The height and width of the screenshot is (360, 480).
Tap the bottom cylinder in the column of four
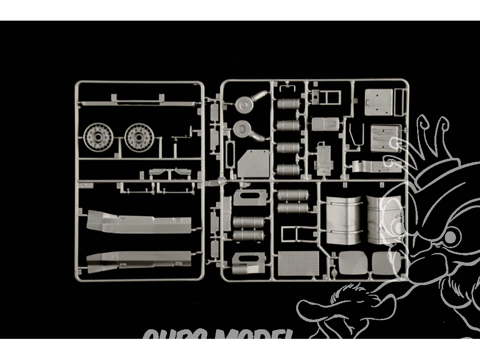coord(288,169)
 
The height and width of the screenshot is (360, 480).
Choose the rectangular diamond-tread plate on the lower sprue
coord(298,263)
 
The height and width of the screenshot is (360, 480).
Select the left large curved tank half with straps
coord(344,219)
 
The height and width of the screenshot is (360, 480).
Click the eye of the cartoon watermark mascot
coord(450,237)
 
